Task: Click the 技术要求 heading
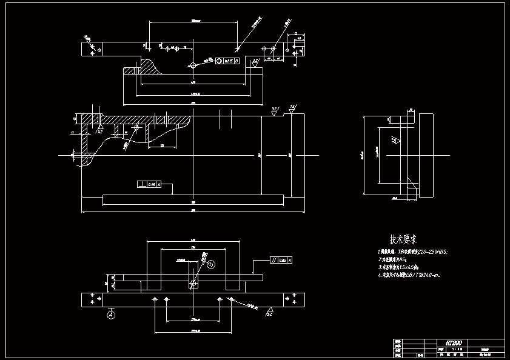coord(403,239)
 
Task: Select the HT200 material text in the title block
coord(454,343)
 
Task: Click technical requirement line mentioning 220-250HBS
coord(412,252)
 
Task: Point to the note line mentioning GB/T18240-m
coord(409,275)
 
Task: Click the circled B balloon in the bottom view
coord(210,264)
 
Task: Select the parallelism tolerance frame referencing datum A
coord(281,261)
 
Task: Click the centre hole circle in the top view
coord(193,65)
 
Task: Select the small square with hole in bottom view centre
coord(193,284)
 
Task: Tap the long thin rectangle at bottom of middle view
coord(192,199)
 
